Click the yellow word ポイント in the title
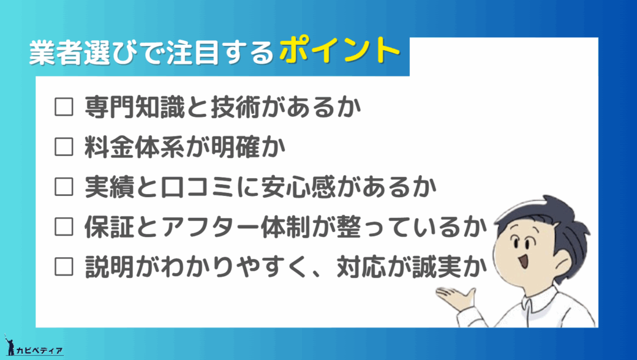coord(340,50)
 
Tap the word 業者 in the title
coord(55,53)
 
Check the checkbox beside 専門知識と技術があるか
coord(64,107)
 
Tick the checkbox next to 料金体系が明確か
coord(64,147)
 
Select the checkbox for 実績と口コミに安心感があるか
coord(64,187)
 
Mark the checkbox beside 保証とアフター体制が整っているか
coord(64,227)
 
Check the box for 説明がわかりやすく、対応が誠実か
coord(64,267)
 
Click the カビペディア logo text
coord(40,351)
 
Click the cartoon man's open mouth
coord(524,260)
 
